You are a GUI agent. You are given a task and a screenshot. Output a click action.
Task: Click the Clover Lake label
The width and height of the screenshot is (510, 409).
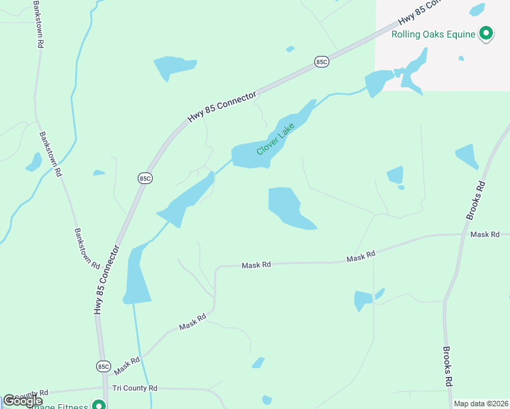point(275,138)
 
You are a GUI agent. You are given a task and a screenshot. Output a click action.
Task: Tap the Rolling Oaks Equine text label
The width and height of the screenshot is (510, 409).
point(432,34)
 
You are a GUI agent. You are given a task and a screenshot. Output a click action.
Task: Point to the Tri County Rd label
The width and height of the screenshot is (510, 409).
point(135,388)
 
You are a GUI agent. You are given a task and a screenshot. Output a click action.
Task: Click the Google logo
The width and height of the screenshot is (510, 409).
point(22,401)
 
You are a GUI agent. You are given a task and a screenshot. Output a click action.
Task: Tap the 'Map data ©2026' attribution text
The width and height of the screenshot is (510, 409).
point(480,404)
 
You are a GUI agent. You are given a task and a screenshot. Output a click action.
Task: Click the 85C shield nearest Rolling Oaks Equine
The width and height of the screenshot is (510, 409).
point(322,62)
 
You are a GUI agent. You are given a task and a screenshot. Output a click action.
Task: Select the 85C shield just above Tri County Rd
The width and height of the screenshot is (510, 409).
point(103,366)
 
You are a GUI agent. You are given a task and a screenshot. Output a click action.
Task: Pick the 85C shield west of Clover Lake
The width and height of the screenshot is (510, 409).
point(144,179)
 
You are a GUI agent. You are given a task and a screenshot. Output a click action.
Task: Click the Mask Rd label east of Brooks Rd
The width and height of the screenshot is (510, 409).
point(485,234)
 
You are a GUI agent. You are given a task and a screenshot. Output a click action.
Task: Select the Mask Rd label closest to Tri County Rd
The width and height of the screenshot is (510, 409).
point(127,365)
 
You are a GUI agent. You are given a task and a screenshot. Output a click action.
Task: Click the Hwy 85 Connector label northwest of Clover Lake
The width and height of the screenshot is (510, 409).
point(222,107)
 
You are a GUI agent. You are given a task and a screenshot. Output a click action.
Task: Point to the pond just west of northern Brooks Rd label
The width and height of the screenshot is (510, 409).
point(466,156)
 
